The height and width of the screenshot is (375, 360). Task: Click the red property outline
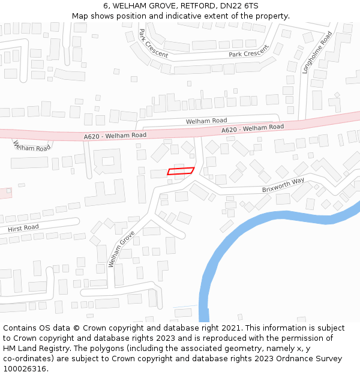tap(181, 171)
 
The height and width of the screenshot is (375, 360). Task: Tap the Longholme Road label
tap(317, 52)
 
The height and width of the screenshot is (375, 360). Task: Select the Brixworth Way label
tap(283, 185)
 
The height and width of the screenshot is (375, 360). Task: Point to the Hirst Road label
tap(23, 228)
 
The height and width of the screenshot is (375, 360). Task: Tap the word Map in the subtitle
tap(80, 16)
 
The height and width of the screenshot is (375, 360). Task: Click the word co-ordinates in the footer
tap(27, 358)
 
